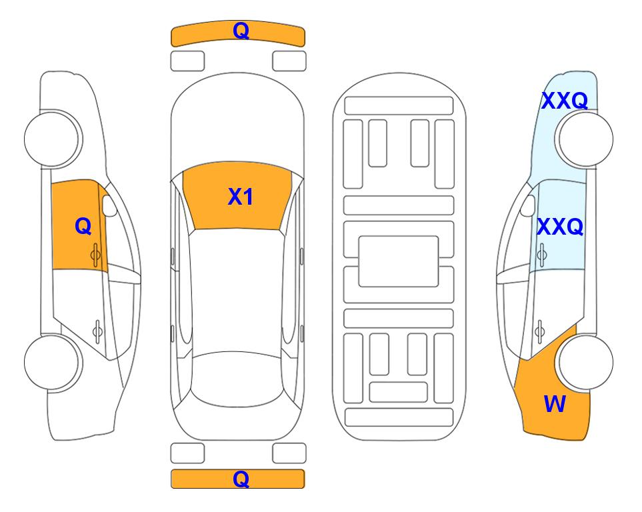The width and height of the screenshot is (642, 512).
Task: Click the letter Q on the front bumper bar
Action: (241, 31)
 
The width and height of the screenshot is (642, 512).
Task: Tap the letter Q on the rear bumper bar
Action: (241, 479)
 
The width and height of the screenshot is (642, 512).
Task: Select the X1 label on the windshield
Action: (241, 197)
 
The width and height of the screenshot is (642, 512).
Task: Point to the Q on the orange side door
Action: (83, 226)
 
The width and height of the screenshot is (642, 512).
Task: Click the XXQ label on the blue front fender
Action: (565, 101)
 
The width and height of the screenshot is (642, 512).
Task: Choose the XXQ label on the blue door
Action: (560, 227)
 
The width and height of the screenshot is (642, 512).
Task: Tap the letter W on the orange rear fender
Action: (555, 404)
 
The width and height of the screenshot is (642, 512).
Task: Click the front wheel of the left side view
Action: (52, 139)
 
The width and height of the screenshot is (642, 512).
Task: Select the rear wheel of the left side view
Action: (52, 362)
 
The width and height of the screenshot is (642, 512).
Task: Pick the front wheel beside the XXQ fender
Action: (585, 139)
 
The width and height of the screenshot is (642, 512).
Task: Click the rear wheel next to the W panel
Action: (586, 362)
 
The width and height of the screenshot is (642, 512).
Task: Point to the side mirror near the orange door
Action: (109, 205)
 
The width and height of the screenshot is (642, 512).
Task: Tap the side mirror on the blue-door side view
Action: (527, 205)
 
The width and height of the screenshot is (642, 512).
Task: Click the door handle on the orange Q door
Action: (95, 255)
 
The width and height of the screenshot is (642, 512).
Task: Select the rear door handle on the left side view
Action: (97, 331)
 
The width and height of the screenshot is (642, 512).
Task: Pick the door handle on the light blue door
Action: (541, 255)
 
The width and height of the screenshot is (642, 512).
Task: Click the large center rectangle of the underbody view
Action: (399, 261)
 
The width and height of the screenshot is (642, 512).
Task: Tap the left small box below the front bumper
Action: (187, 61)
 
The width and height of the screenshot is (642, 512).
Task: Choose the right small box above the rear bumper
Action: (289, 453)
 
